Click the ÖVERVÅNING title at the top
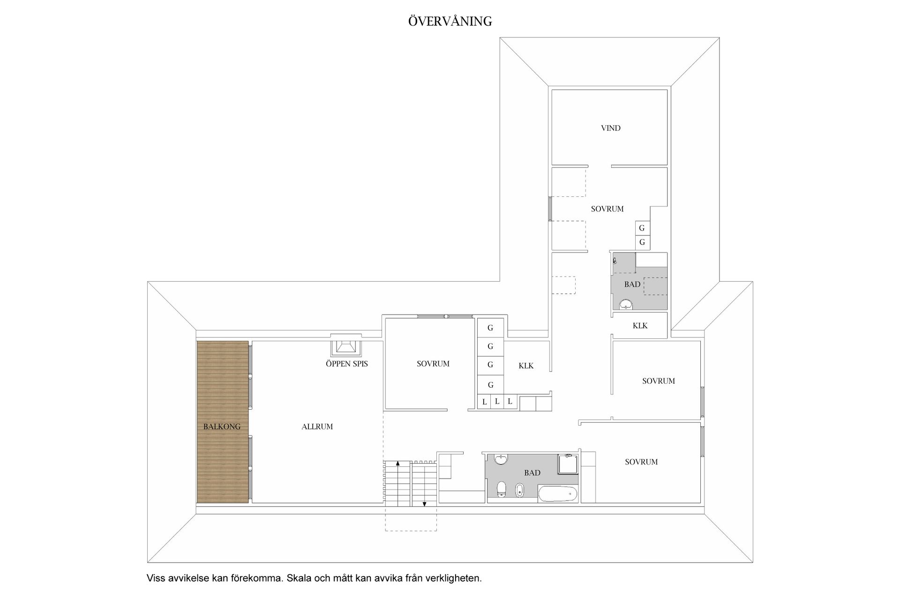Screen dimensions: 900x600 click(450, 21)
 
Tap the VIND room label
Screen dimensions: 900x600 click(611, 128)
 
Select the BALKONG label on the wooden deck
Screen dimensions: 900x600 click(222, 427)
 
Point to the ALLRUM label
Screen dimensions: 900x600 click(317, 427)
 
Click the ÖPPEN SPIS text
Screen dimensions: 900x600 click(347, 364)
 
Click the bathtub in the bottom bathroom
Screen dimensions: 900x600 click(558, 494)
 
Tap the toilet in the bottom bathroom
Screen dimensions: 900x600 click(501, 489)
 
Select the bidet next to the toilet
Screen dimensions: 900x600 click(519, 490)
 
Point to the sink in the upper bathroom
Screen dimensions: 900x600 click(625, 305)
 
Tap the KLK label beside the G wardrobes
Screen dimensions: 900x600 click(526, 366)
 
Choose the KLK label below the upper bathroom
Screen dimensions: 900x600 click(640, 326)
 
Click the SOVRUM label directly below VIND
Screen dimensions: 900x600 click(607, 209)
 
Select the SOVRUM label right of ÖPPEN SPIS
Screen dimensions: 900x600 click(433, 364)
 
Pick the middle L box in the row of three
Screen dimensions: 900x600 click(497, 402)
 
